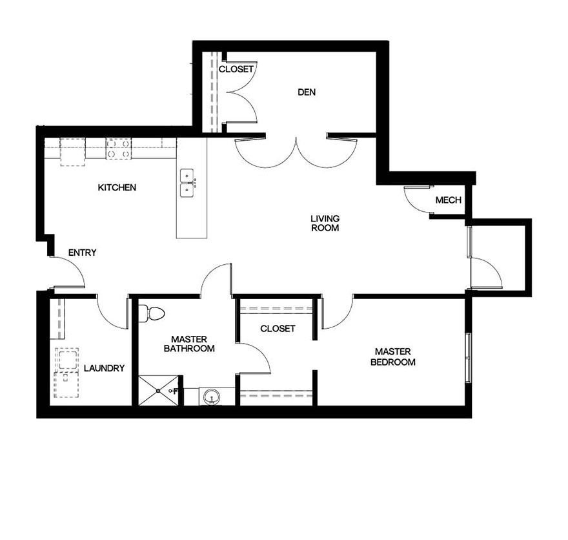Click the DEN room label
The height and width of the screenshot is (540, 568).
(x=307, y=92)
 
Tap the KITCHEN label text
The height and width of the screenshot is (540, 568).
(x=117, y=188)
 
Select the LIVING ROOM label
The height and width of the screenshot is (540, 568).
(x=325, y=223)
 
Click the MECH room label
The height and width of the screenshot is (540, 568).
(x=448, y=200)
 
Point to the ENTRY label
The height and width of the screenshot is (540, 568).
(x=81, y=253)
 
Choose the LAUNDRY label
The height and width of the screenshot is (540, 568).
(x=104, y=368)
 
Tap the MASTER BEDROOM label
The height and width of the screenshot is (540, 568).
(x=392, y=357)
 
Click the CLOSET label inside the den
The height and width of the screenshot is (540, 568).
(x=236, y=69)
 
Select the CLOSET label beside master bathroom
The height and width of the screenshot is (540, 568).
(x=278, y=329)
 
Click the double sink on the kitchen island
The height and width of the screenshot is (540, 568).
(x=188, y=183)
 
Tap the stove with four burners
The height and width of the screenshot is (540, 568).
(x=119, y=149)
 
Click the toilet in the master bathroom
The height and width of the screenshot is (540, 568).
(x=154, y=313)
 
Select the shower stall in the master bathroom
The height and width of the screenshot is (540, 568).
(x=158, y=390)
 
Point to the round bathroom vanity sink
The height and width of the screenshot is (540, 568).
(x=210, y=397)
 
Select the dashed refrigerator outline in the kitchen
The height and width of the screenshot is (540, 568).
(x=72, y=152)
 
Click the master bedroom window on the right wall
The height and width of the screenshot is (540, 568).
(x=467, y=358)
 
